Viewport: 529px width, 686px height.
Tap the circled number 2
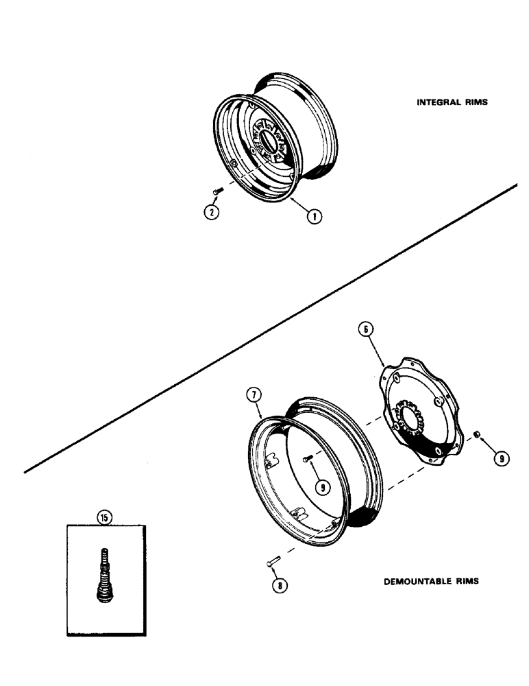point(212,212)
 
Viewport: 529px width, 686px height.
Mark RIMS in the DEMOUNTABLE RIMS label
point(466,581)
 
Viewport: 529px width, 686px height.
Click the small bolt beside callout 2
point(217,192)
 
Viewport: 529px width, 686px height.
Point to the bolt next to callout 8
point(269,564)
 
